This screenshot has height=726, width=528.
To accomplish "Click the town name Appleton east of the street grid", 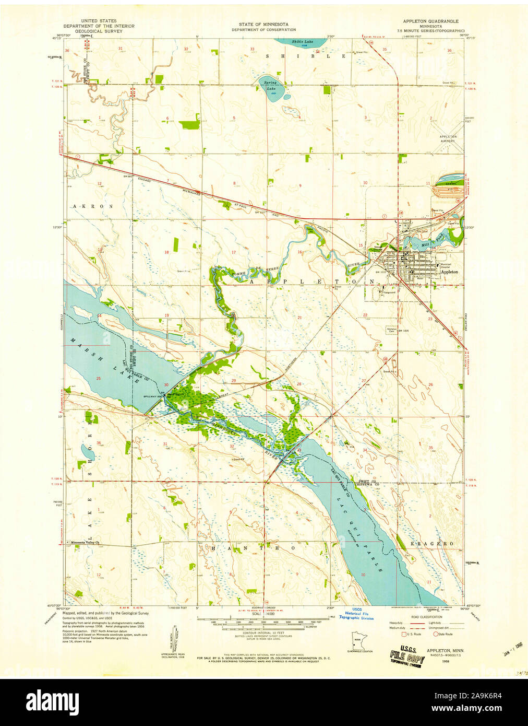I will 449,272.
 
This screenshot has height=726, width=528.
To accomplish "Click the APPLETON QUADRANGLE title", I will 430,21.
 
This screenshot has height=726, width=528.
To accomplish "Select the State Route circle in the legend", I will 436,634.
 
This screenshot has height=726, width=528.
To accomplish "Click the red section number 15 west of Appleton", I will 361,245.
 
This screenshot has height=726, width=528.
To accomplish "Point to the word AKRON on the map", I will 93,206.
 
